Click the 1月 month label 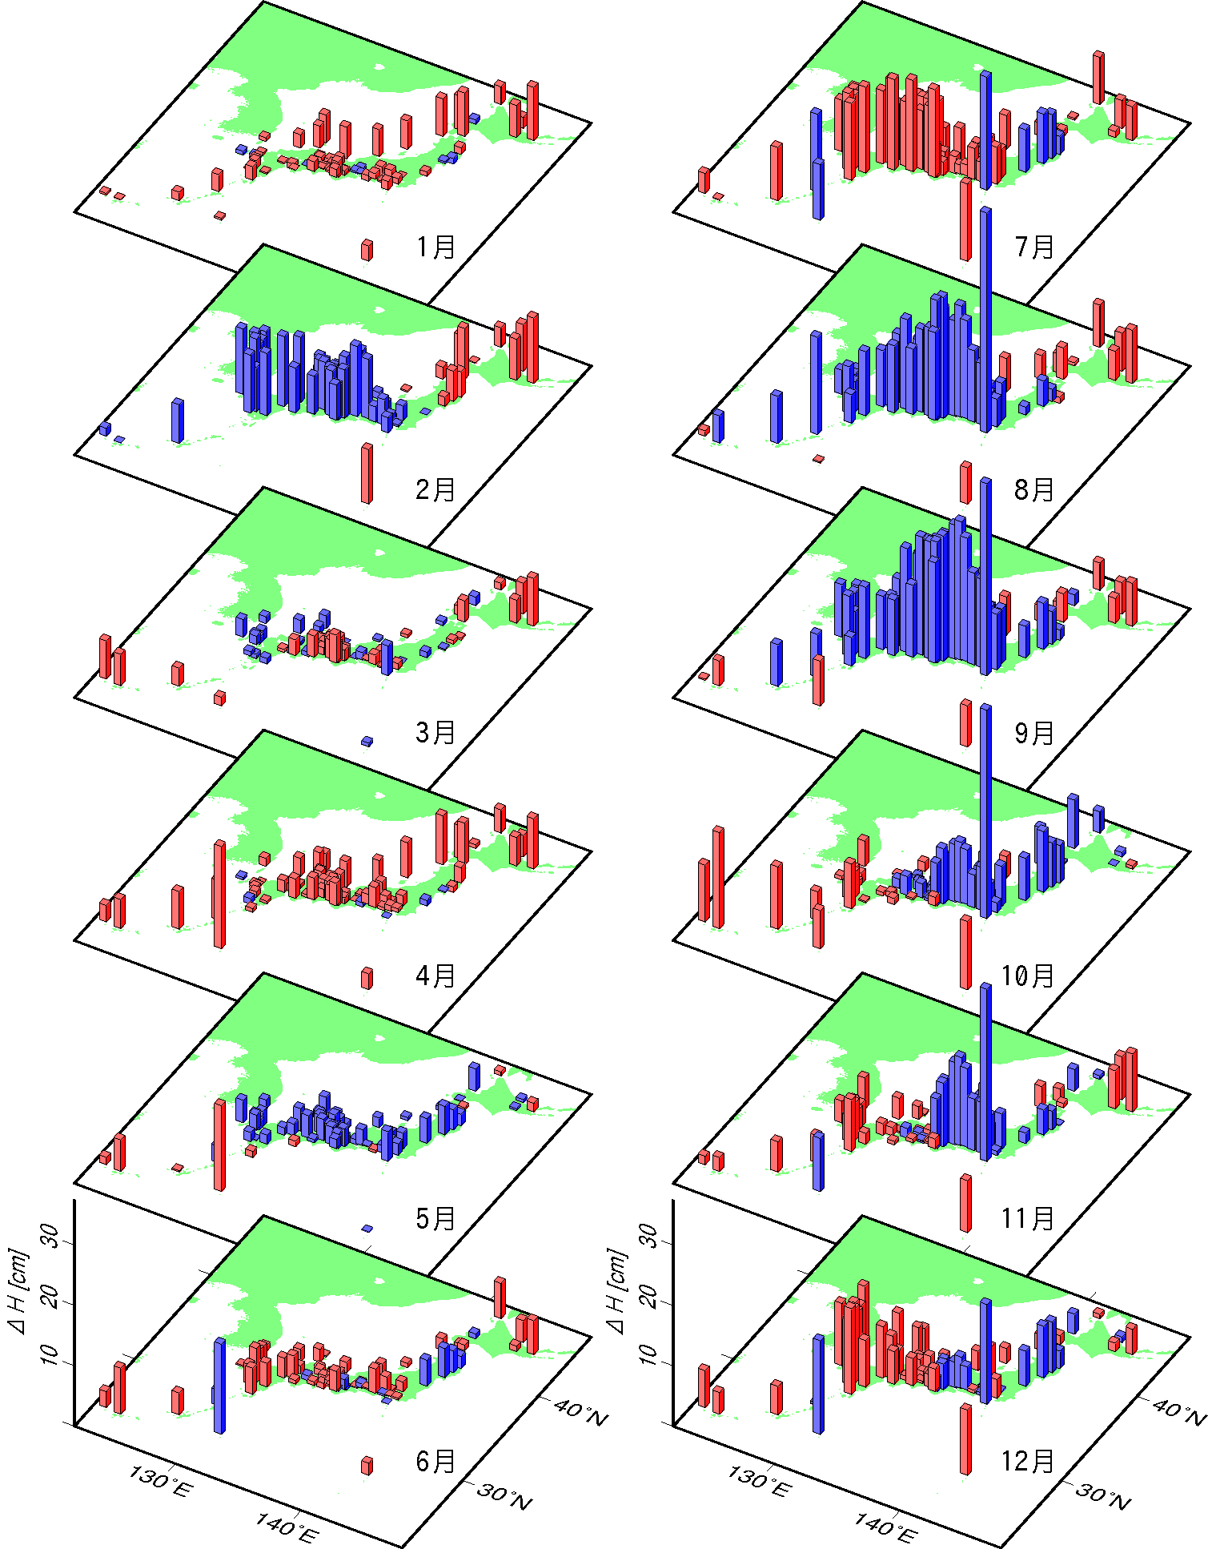pyautogui.click(x=435, y=247)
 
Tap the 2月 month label pyautogui.click(x=435, y=489)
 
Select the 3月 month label pyautogui.click(x=435, y=732)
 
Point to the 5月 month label pyautogui.click(x=435, y=1218)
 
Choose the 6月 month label pyautogui.click(x=435, y=1461)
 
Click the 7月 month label pyautogui.click(x=1034, y=247)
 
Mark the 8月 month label pyautogui.click(x=1034, y=489)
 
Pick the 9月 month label pyautogui.click(x=1034, y=732)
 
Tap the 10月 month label pyautogui.click(x=1028, y=976)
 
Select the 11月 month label pyautogui.click(x=1028, y=1218)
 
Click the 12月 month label pyautogui.click(x=1028, y=1461)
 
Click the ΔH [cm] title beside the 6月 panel pyautogui.click(x=18, y=1290)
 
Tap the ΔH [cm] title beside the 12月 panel pyautogui.click(x=617, y=1290)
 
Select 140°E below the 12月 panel pyautogui.click(x=885, y=1528)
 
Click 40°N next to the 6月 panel pyautogui.click(x=580, y=1414)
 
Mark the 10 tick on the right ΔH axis pyautogui.click(x=648, y=1354)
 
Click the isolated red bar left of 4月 pyautogui.click(x=367, y=978)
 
